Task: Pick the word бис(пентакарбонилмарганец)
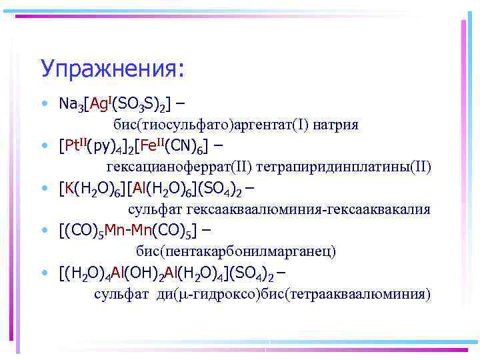click(236, 251)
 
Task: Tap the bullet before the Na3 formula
click(43, 105)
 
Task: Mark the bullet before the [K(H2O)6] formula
click(43, 189)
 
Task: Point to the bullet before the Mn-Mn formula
click(43, 231)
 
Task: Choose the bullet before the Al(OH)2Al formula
click(43, 273)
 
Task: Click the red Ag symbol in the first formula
click(98, 105)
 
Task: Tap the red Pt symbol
click(72, 146)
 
